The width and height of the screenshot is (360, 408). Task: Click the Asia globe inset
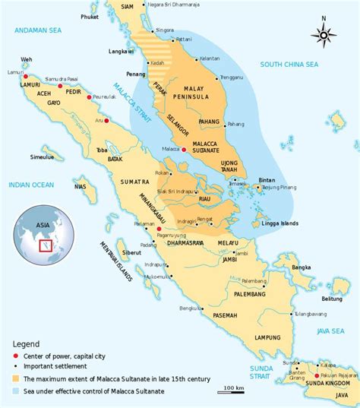43,232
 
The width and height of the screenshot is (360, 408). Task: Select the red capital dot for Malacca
185,150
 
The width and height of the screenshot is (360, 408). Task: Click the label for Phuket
90,16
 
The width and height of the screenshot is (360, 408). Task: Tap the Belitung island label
339,300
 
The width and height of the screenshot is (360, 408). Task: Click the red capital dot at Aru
106,121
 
